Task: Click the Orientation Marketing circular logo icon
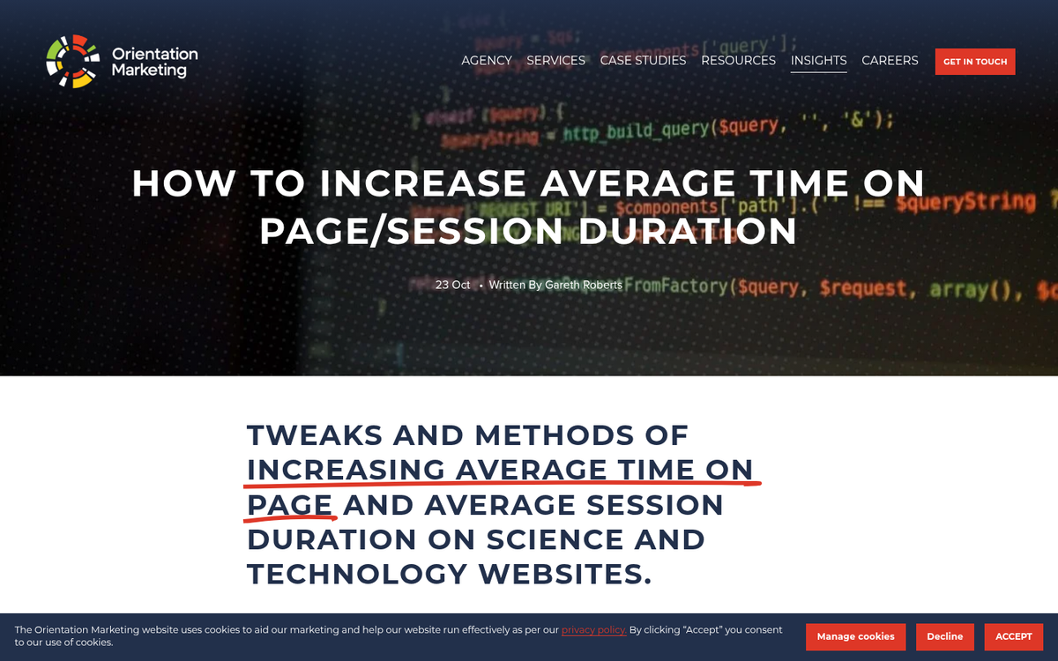(x=72, y=62)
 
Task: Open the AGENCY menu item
(x=487, y=61)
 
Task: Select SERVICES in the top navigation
(x=555, y=61)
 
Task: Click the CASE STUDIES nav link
(x=643, y=61)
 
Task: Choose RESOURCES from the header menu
(x=738, y=61)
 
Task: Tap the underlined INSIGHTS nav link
(x=818, y=61)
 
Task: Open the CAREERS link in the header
(x=890, y=61)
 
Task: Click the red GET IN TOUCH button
(x=974, y=62)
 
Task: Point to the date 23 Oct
(x=452, y=285)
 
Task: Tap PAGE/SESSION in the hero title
(x=411, y=231)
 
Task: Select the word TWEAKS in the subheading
(x=315, y=435)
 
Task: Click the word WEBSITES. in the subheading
(x=565, y=574)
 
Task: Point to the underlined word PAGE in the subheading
(x=290, y=505)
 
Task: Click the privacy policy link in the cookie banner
(x=593, y=630)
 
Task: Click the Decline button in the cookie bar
(x=944, y=636)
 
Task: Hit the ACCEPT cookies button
(x=1013, y=636)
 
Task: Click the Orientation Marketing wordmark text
(x=154, y=62)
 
